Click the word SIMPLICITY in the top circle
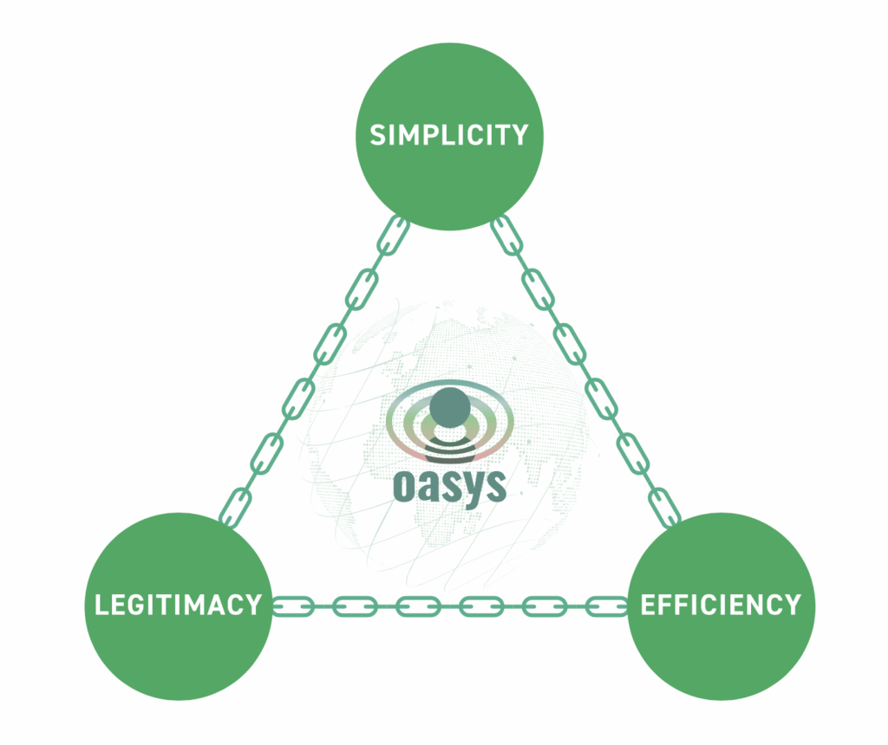pyautogui.click(x=449, y=135)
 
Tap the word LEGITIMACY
pyautogui.click(x=178, y=604)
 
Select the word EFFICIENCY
pyautogui.click(x=721, y=604)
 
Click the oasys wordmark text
pyautogui.click(x=450, y=487)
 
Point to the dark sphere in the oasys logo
pyautogui.click(x=449, y=407)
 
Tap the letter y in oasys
pyautogui.click(x=473, y=490)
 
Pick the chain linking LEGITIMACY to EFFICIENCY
pyautogui.click(x=450, y=606)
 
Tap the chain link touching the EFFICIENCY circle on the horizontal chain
pyautogui.click(x=608, y=606)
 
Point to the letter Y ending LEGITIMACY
pyautogui.click(x=253, y=604)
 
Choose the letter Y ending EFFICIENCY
pyautogui.click(x=793, y=604)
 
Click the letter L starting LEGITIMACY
pyautogui.click(x=101, y=604)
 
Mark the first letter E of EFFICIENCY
pyautogui.click(x=647, y=604)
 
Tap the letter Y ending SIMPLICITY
pyautogui.click(x=520, y=135)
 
